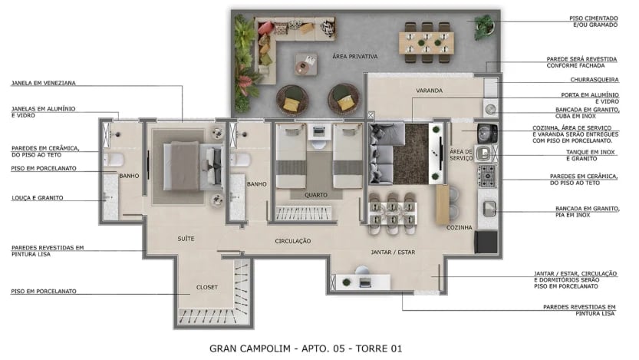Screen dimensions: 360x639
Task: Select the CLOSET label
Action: pyautogui.click(x=207, y=287)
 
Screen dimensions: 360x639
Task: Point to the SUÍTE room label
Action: pyautogui.click(x=185, y=239)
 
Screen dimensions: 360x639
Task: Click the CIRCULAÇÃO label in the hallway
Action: pyautogui.click(x=293, y=241)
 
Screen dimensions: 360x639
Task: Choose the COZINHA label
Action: pyautogui.click(x=459, y=228)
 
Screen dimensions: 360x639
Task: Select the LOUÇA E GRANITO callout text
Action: pyautogui.click(x=37, y=198)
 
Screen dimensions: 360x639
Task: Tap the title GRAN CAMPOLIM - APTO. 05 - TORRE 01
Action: pyautogui.click(x=305, y=348)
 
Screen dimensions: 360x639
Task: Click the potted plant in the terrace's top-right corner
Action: pyautogui.click(x=485, y=26)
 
